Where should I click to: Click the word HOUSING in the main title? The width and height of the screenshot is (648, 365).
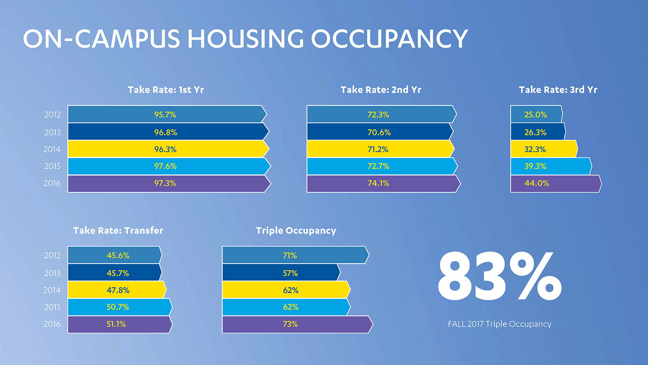pyautogui.click(x=245, y=39)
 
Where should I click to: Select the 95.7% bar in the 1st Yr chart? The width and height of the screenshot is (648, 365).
pyautogui.click(x=167, y=114)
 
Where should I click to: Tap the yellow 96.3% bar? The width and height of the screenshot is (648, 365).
pyautogui.click(x=168, y=149)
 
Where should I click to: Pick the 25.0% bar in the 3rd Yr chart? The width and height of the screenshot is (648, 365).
pyautogui.click(x=537, y=114)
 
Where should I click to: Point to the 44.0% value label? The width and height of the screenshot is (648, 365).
pyautogui.click(x=537, y=183)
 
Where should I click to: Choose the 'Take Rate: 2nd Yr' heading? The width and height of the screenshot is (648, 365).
pyautogui.click(x=381, y=90)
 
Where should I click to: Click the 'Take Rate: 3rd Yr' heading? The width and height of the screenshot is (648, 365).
pyautogui.click(x=558, y=90)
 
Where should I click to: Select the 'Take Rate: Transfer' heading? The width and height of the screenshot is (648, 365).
pyautogui.click(x=118, y=231)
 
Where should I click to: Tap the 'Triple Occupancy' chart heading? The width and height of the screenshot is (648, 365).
pyautogui.click(x=296, y=231)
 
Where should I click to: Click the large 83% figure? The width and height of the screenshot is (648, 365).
pyautogui.click(x=500, y=276)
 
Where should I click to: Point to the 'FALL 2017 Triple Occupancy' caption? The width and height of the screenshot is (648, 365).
pyautogui.click(x=500, y=324)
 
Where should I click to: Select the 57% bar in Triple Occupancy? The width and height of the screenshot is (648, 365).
pyautogui.click(x=281, y=272)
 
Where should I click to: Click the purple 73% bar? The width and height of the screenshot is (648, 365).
pyautogui.click(x=297, y=324)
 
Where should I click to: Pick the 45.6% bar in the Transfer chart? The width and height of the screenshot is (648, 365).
pyautogui.click(x=115, y=255)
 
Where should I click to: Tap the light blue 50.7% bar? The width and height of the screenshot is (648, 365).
pyautogui.click(x=120, y=307)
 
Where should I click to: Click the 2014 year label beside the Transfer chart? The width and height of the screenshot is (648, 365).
pyautogui.click(x=52, y=290)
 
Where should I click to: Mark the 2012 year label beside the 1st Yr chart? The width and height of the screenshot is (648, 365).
pyautogui.click(x=52, y=115)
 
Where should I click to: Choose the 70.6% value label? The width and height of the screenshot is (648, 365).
pyautogui.click(x=379, y=132)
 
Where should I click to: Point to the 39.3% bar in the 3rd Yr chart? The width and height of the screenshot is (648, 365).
pyautogui.click(x=551, y=166)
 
